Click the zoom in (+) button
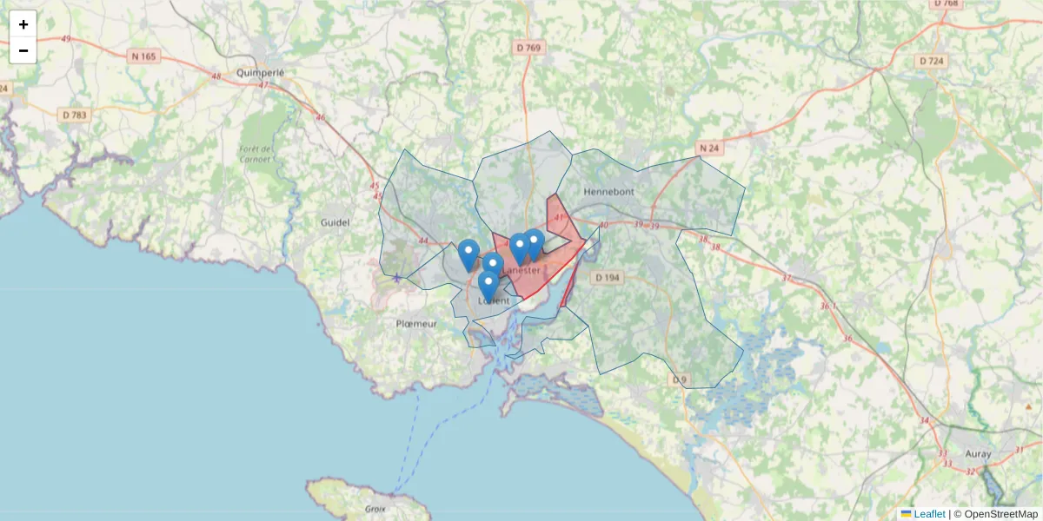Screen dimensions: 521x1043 coord(23,24)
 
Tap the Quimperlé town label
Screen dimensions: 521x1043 coord(261,73)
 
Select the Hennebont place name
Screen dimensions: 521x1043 coord(610,191)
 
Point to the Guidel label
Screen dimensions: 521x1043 coord(335,222)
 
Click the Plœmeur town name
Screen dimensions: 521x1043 coord(416,323)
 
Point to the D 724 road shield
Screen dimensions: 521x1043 coord(931,61)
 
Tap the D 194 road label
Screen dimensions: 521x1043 coord(607,277)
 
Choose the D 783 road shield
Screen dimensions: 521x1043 coord(75,115)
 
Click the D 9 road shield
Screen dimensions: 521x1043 coord(679,379)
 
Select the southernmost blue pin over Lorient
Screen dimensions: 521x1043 coord(488,286)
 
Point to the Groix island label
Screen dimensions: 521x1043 coord(375,509)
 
